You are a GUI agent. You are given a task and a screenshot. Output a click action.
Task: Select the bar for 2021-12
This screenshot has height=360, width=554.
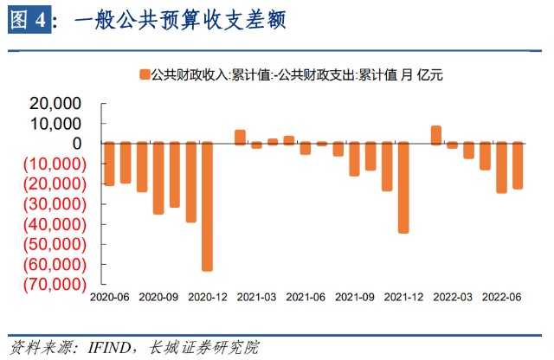pos(403,187)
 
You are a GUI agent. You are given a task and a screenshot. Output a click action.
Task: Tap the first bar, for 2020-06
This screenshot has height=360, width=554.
pos(109,164)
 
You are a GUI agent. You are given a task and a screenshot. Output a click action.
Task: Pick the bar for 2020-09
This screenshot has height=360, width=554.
pos(158,177)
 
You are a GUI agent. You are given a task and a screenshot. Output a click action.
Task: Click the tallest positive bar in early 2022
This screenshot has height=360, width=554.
pos(435,134)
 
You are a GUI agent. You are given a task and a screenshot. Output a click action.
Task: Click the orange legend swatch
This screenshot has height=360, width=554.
pos(143,75)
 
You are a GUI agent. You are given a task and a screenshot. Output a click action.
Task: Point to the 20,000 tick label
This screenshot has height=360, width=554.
pos(55,103)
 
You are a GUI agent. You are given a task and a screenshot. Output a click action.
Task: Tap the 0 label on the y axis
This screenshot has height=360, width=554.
pos(77,143)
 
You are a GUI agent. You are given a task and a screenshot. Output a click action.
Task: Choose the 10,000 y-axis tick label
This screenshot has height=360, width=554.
pos(55,123)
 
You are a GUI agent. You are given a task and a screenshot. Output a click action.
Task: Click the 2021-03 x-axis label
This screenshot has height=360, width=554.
pos(256,296)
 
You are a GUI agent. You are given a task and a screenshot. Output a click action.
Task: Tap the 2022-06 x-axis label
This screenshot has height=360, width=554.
pos(502,296)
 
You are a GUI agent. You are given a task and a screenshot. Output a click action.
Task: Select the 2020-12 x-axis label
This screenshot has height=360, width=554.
pos(207,296)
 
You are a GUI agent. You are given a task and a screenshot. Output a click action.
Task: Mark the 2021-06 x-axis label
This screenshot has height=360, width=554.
pos(306,296)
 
